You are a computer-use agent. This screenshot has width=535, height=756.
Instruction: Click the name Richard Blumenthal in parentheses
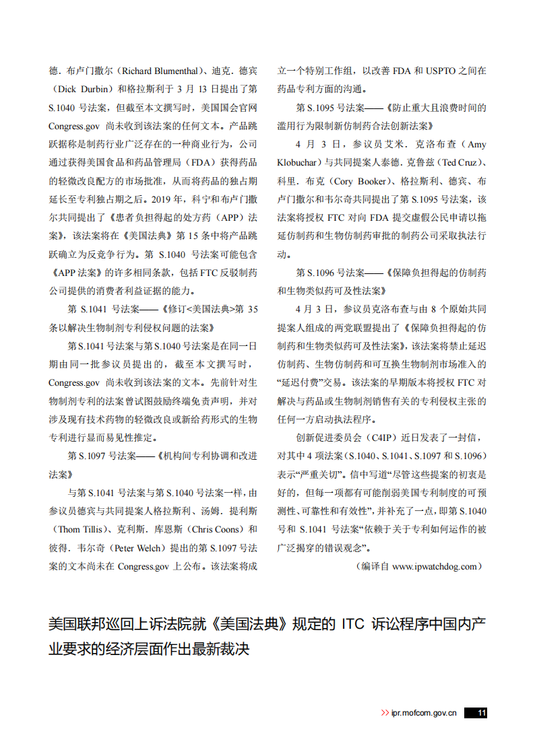pyautogui.click(x=159, y=70)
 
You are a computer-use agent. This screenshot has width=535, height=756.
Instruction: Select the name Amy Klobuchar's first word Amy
pyautogui.click(x=476, y=144)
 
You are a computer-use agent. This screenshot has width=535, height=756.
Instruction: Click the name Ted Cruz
pyautogui.click(x=462, y=162)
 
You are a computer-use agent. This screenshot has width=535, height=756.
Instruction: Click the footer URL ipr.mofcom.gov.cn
pyautogui.click(x=424, y=713)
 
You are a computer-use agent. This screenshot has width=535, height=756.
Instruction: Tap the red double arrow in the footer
pyautogui.click(x=385, y=713)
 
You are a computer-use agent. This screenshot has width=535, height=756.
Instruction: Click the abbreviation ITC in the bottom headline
pyautogui.click(x=352, y=624)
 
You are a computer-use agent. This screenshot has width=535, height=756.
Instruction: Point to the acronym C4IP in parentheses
pyautogui.click(x=382, y=437)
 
